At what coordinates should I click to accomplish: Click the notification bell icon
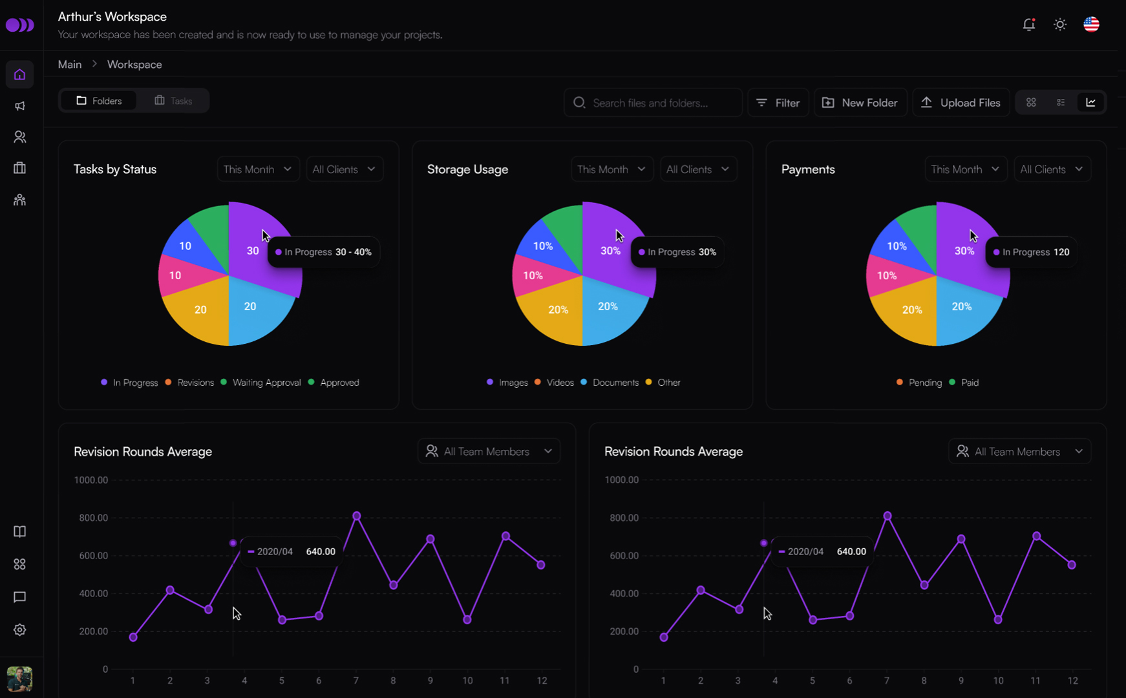point(1028,25)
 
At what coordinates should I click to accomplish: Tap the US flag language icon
point(1091,25)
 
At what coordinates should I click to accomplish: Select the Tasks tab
point(173,101)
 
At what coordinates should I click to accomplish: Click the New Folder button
point(860,103)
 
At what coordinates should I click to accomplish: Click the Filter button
point(778,103)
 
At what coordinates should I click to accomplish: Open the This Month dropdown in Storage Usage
point(611,169)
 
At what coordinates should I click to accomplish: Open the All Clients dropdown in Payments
point(1052,169)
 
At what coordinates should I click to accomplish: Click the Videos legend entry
point(555,383)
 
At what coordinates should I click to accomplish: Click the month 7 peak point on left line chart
point(356,516)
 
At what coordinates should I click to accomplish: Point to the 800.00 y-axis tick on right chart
point(624,518)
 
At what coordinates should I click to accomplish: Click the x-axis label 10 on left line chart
point(467,681)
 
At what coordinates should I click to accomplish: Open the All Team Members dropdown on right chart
point(1019,451)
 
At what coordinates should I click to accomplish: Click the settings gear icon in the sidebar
point(19,629)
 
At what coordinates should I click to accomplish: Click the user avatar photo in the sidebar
point(19,679)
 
